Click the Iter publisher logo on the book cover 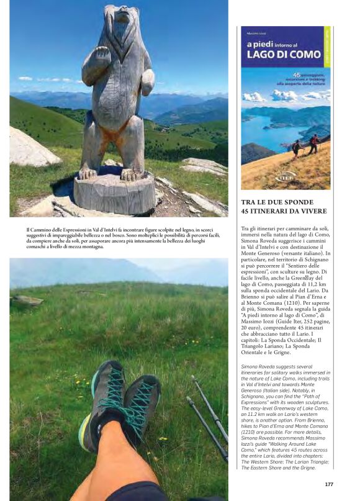point(286,177)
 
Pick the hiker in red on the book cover point(313,143)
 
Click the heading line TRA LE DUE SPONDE point(277,202)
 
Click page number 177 point(329,484)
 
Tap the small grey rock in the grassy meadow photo point(27,300)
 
